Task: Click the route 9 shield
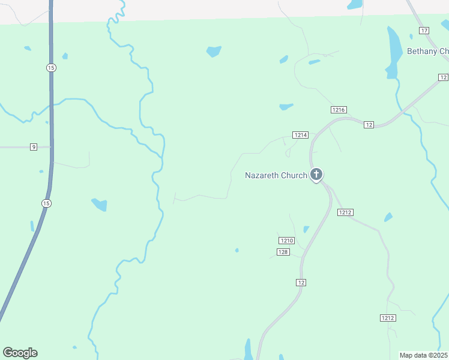point(34,147)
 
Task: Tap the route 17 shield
point(424,31)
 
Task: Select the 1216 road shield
point(339,110)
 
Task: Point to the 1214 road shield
point(300,135)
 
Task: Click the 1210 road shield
point(287,241)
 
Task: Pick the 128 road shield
point(284,252)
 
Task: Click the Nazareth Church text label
point(276,176)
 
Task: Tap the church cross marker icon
point(316,175)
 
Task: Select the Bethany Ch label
point(427,51)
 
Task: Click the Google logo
point(20,353)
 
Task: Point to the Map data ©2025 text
point(423,355)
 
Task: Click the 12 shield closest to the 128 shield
point(301,282)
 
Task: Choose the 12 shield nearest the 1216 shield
point(369,124)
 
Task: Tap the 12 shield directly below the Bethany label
point(443,77)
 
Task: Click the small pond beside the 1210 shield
point(306,229)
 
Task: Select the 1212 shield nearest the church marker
point(345,212)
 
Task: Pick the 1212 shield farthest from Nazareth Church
point(387,317)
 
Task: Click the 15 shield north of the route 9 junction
point(51,68)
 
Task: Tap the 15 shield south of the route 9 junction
point(46,203)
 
